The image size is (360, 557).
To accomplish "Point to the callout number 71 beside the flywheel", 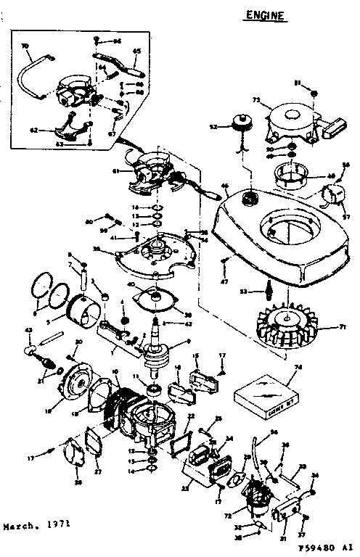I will click(342, 328).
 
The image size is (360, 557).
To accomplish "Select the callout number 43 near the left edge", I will click(28, 331).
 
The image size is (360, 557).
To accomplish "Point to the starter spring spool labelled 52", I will click(240, 124).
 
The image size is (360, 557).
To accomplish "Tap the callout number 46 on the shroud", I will click(224, 187).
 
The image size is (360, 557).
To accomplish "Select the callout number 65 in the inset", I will click(136, 51).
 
